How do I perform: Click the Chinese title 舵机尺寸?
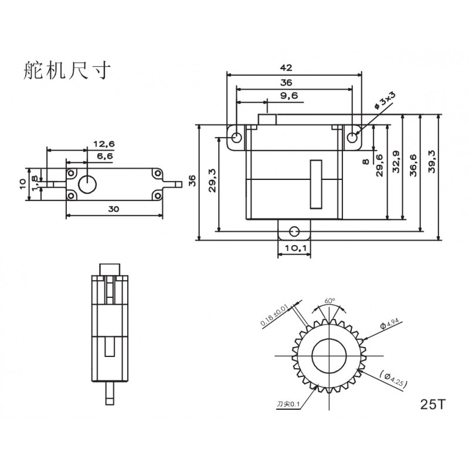(x=67, y=70)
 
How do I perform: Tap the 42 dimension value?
(x=286, y=68)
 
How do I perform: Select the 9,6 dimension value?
(x=289, y=96)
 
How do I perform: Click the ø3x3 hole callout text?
(x=385, y=100)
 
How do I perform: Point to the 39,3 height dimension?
(x=431, y=162)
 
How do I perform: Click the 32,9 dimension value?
(x=396, y=162)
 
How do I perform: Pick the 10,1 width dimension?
(x=294, y=248)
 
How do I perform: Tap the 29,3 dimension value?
(x=212, y=181)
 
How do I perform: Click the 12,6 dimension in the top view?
(x=104, y=144)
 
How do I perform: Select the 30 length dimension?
(x=114, y=209)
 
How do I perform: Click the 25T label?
(x=433, y=405)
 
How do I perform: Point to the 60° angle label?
(x=329, y=301)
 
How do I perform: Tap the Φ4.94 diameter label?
(x=389, y=324)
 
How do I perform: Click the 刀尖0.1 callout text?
(x=288, y=405)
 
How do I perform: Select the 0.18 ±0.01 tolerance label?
(x=274, y=315)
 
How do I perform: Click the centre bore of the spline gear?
(x=329, y=356)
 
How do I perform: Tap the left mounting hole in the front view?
(x=237, y=138)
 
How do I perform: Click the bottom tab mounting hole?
(x=294, y=231)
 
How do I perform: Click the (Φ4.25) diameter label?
(x=393, y=379)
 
